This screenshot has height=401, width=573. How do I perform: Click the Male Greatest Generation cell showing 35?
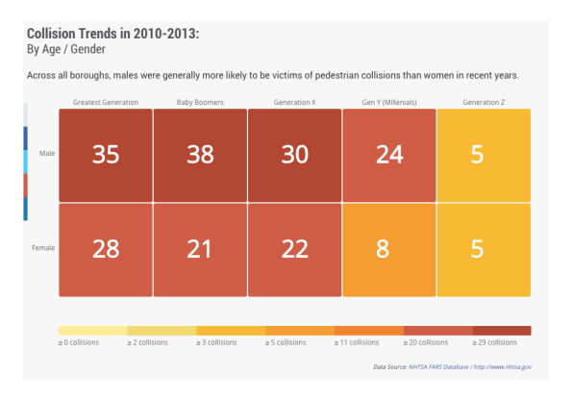click(x=106, y=155)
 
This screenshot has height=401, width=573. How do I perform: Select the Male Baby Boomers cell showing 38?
click(x=200, y=155)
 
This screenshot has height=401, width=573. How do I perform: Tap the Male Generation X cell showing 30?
click(x=295, y=155)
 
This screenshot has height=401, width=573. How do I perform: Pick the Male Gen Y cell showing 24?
click(x=389, y=155)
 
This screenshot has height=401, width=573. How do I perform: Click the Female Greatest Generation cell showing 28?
click(x=106, y=250)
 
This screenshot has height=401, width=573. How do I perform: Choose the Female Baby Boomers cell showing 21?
click(x=200, y=250)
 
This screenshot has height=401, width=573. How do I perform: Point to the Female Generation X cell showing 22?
click(x=295, y=250)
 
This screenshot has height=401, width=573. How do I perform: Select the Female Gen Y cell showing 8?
click(x=389, y=250)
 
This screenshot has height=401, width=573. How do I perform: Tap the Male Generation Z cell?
click(x=484, y=155)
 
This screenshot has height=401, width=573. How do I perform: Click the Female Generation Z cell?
click(x=484, y=250)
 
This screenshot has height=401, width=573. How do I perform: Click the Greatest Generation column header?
click(x=106, y=102)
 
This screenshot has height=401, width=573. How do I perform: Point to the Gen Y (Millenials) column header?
click(x=389, y=102)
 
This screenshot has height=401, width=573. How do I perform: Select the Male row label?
click(x=47, y=153)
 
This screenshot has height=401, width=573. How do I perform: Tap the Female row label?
click(x=43, y=248)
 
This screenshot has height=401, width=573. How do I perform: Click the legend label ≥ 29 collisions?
click(x=495, y=342)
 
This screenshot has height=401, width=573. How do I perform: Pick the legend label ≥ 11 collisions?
click(x=357, y=342)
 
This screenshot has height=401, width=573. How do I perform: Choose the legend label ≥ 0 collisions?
click(x=79, y=342)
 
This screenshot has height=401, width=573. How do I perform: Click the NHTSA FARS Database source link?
click(x=438, y=366)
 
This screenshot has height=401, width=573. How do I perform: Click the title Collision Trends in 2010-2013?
click(x=112, y=34)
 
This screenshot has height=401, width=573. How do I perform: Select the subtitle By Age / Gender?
click(x=66, y=49)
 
